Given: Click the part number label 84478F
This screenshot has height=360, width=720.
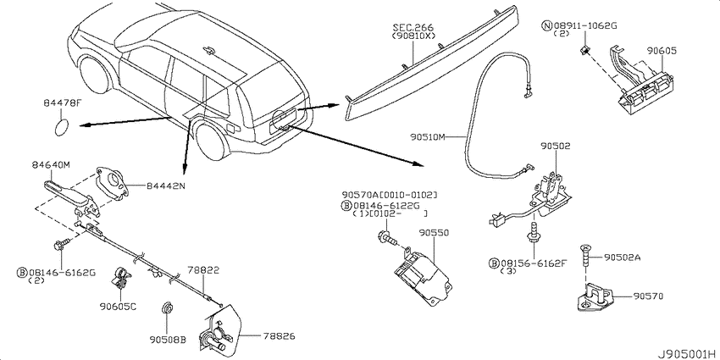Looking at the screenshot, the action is click(x=63, y=103).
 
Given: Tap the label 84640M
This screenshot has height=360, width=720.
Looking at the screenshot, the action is click(x=51, y=165).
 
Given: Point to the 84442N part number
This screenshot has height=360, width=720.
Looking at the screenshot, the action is click(x=165, y=186).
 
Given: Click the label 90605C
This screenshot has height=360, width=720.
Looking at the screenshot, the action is click(x=118, y=307).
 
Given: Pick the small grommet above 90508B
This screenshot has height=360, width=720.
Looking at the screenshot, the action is click(x=168, y=308).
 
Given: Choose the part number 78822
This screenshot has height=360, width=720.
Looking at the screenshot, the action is click(x=203, y=270).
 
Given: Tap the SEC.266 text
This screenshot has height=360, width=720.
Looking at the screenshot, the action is click(x=413, y=28).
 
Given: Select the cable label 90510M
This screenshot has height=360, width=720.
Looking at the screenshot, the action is click(x=428, y=136).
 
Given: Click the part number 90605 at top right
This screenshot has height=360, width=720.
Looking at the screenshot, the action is click(x=662, y=51).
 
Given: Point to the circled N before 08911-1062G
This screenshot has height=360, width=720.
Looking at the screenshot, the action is click(x=547, y=25).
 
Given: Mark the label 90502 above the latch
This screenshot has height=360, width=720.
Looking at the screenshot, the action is click(x=555, y=147).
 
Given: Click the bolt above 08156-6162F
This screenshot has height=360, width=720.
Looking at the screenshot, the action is click(x=534, y=233).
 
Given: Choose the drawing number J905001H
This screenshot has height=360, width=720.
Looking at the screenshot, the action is click(x=685, y=354).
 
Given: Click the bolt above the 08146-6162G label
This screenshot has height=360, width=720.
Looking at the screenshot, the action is click(x=62, y=245).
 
